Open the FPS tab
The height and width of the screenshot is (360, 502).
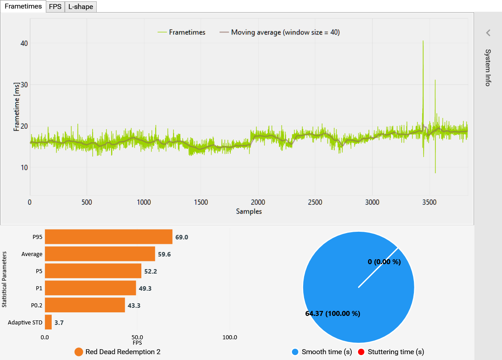tap(55, 7)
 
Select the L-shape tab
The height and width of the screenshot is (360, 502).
tap(81, 7)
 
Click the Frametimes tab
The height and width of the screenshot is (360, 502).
tap(23, 6)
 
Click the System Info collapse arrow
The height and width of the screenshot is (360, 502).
tap(488, 33)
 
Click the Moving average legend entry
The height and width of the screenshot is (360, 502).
tap(279, 32)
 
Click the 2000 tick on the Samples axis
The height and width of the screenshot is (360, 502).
tap(258, 202)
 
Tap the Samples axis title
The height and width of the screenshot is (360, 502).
tap(249, 211)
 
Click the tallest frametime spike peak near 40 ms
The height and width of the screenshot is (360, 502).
tap(423, 41)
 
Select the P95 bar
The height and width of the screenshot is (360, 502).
tap(108, 237)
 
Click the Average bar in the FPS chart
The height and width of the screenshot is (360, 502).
tap(100, 254)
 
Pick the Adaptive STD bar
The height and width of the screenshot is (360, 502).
tap(48, 322)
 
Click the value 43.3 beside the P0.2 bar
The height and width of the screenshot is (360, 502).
tap(134, 306)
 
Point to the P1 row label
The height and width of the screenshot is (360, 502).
tap(39, 288)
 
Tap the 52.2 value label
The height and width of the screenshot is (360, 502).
tap(150, 271)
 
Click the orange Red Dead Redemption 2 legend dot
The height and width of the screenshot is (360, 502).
tap(79, 352)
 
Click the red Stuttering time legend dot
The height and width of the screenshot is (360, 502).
tap(361, 352)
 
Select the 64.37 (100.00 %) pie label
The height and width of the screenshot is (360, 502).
tap(332, 314)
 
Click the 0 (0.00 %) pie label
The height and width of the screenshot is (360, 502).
tap(384, 261)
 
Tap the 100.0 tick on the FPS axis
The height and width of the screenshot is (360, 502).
tap(230, 337)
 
